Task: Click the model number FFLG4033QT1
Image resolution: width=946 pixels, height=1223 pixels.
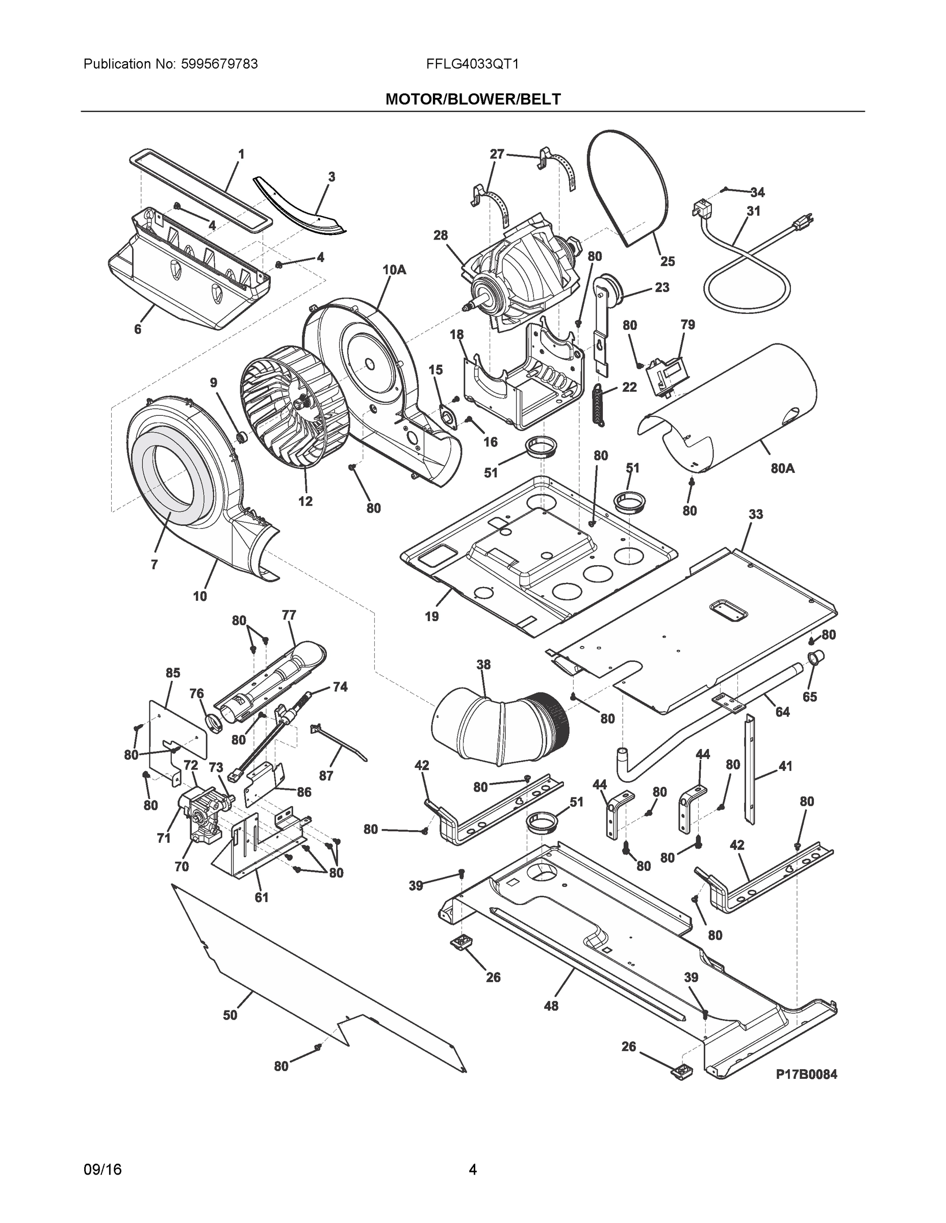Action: [x=472, y=64]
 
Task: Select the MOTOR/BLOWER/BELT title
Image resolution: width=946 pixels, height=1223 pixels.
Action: [x=472, y=99]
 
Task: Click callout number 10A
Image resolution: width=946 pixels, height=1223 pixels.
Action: [x=394, y=270]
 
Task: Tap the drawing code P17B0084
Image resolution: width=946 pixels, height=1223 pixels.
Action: [x=806, y=1074]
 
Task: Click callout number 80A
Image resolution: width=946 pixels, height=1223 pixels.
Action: [x=782, y=468]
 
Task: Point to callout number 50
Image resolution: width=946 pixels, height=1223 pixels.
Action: [x=230, y=1015]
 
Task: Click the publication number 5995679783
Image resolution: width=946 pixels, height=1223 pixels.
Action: [x=220, y=64]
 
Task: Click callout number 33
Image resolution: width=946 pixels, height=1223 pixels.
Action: [x=755, y=514]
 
